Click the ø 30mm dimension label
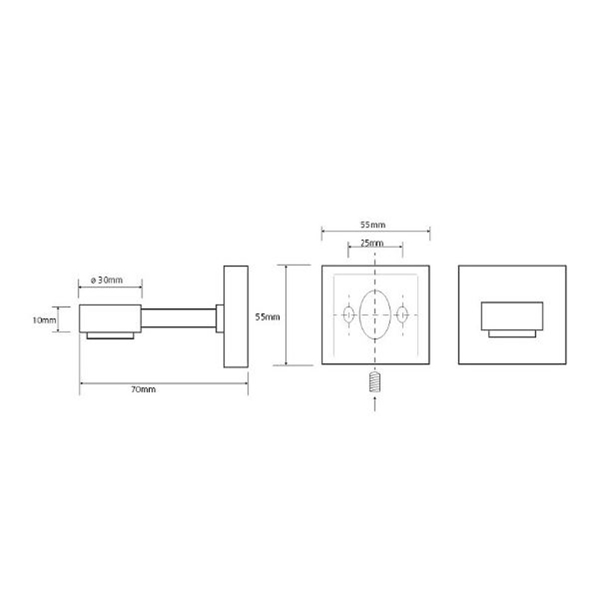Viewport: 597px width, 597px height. point(107,281)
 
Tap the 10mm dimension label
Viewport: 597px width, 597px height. point(44,320)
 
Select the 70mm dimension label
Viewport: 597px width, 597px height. point(143,390)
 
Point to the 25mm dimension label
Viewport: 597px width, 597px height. point(372,243)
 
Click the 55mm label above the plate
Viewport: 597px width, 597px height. point(373,225)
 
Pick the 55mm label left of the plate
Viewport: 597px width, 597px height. point(268,316)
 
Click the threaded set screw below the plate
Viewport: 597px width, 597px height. point(375,383)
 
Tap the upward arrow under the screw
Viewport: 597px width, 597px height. point(376,404)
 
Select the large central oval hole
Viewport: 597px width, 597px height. point(375,314)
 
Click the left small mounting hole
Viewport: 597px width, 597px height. point(348,314)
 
